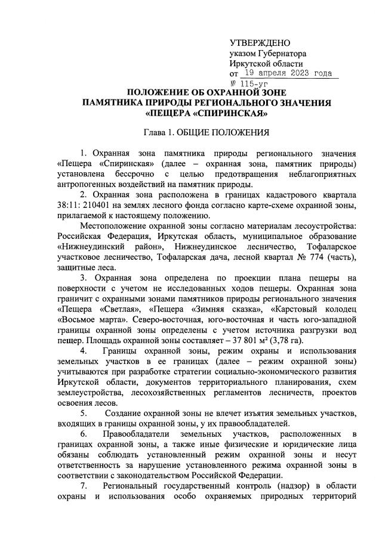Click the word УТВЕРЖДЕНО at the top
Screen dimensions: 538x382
(x=260, y=42)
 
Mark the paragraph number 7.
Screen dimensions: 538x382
(x=82, y=486)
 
